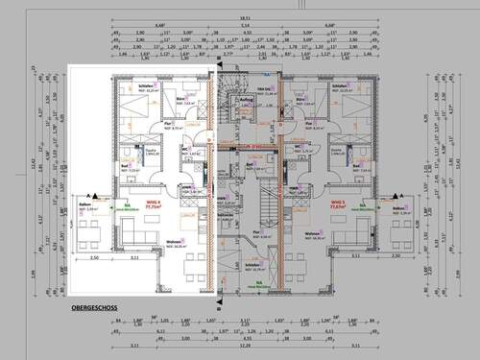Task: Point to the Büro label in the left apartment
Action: (179, 97)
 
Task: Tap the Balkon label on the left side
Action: (83, 204)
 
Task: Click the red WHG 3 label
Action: (337, 203)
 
